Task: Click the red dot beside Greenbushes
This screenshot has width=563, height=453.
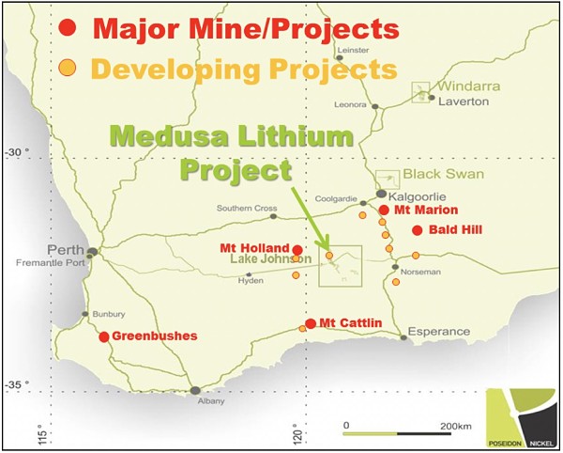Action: click(103, 336)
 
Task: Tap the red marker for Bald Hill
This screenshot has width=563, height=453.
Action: click(417, 229)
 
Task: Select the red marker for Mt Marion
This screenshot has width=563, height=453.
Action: click(384, 211)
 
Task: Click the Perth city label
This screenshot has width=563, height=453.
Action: click(66, 251)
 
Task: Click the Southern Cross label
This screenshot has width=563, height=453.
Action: click(243, 208)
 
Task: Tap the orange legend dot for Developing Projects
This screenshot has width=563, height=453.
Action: click(66, 68)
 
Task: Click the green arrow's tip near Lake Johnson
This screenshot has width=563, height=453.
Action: click(327, 251)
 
